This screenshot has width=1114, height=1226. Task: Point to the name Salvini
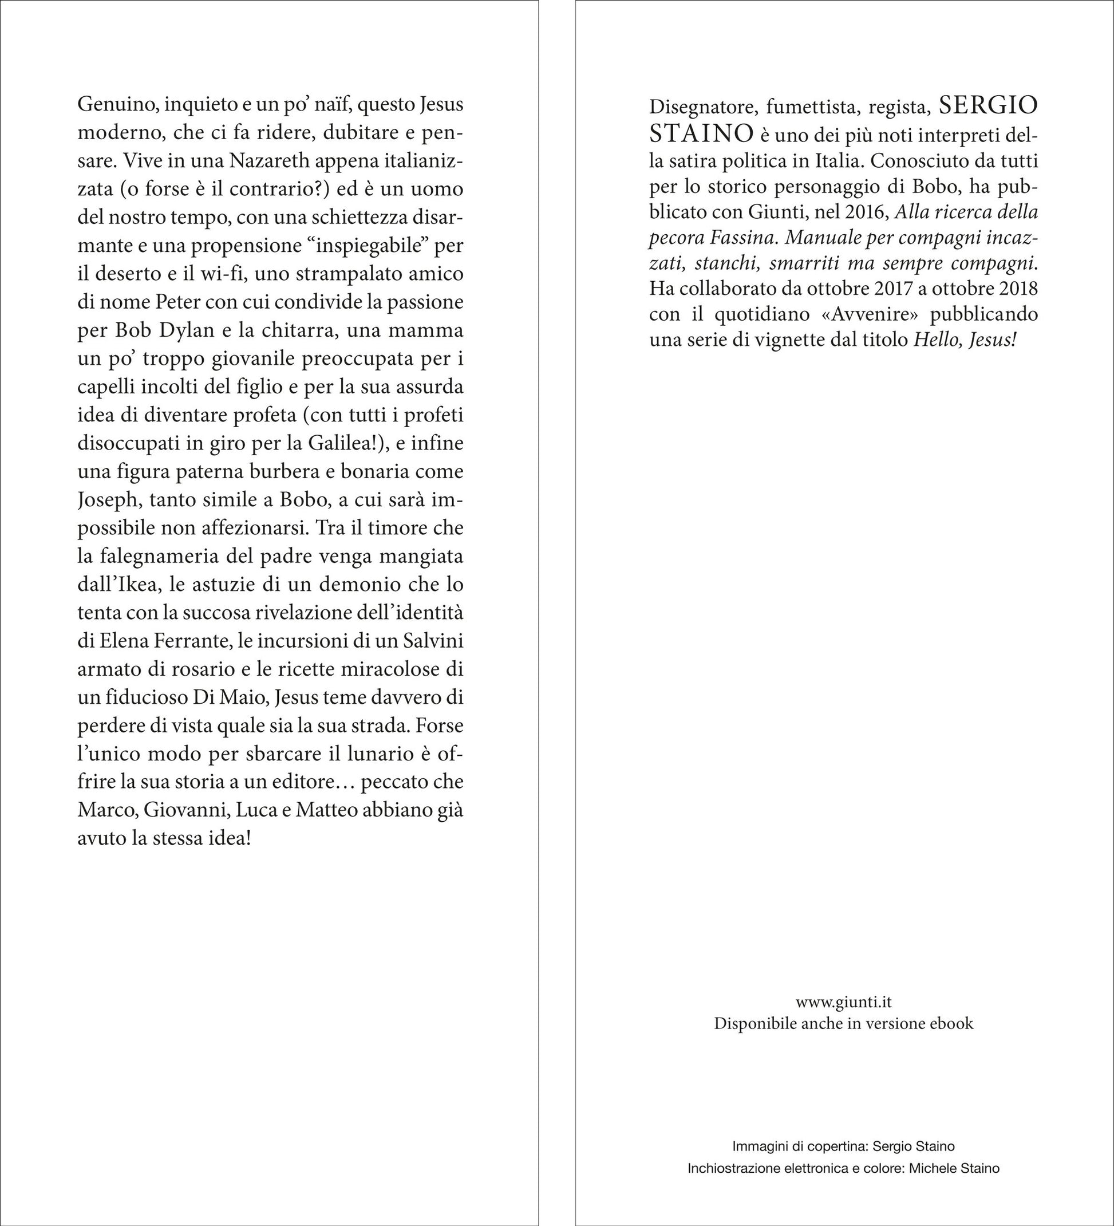coord(431,641)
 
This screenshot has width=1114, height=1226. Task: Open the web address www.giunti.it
coord(843,1002)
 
